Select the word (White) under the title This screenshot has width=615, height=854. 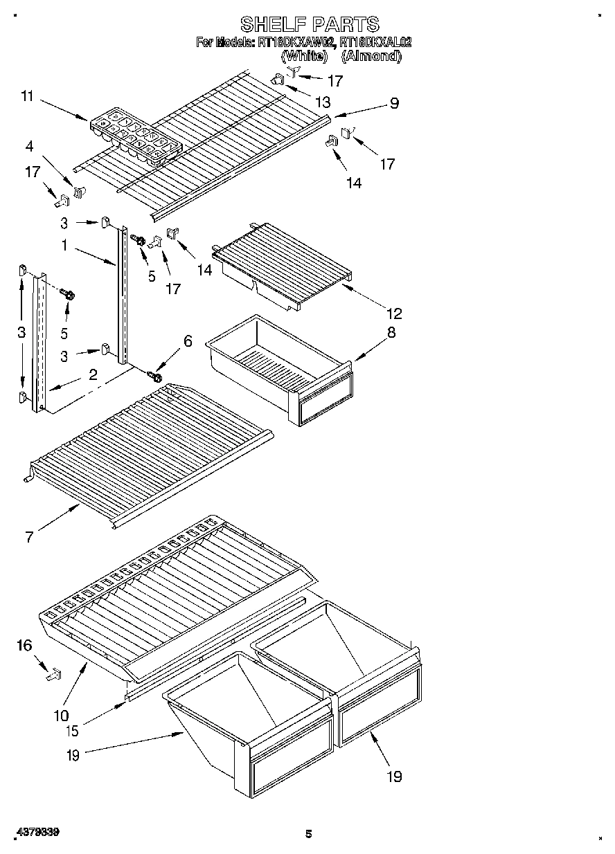point(303,56)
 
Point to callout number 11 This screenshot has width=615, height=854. point(27,97)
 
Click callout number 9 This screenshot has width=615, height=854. point(393,104)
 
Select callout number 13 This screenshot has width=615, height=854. point(322,102)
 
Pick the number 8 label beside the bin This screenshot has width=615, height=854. point(391,332)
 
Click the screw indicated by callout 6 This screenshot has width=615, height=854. point(155,377)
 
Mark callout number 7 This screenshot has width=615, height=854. point(28,536)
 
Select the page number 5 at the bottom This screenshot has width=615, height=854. point(309,834)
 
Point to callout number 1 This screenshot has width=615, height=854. point(64,244)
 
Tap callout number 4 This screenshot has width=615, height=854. point(29,146)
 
